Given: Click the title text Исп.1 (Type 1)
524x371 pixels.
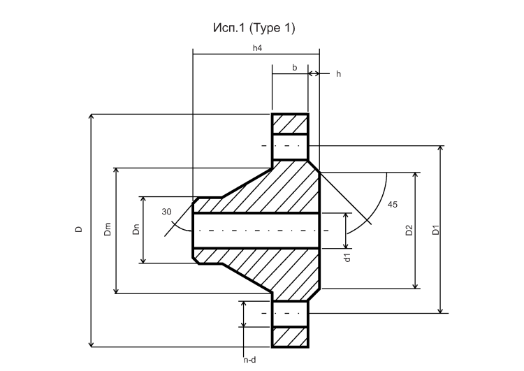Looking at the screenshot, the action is (x=254, y=28).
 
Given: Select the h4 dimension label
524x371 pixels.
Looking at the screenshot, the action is (x=257, y=48).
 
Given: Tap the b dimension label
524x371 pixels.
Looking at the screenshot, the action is (x=294, y=68).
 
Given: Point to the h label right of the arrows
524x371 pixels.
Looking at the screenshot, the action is (x=339, y=74).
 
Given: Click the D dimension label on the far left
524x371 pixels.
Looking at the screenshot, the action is (x=78, y=229).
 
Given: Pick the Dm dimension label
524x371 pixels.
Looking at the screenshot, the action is (x=108, y=229).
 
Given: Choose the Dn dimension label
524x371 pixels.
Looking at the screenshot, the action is (x=136, y=229).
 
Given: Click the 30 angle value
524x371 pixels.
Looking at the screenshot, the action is (x=166, y=212).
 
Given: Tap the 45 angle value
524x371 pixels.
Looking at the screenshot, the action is (x=393, y=205).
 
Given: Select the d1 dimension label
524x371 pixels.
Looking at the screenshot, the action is (x=347, y=257).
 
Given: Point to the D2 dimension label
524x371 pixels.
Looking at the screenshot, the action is (x=409, y=231).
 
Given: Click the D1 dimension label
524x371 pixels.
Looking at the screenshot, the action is (x=436, y=231).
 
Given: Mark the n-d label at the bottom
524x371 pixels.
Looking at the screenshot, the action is (x=249, y=360).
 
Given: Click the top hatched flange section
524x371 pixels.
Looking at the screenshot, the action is (x=290, y=124).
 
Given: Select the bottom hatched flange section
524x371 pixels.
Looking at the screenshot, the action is (x=290, y=337).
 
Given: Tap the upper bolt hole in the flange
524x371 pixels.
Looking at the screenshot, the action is (x=290, y=147).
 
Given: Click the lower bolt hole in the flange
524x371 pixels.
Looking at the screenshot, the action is (x=290, y=314).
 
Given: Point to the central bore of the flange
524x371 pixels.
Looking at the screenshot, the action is (x=256, y=231).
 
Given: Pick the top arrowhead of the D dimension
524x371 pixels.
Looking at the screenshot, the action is (x=92, y=116).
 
